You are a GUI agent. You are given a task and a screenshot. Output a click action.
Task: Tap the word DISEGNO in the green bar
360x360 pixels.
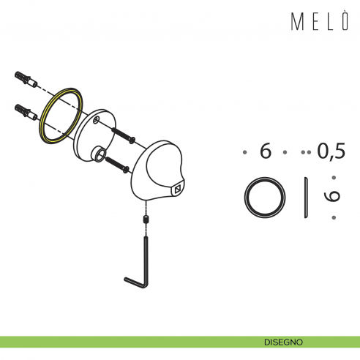(283, 342)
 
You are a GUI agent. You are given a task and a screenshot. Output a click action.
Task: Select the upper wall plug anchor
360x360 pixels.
(24, 78)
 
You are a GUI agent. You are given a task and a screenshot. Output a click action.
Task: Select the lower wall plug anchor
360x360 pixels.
(24, 112)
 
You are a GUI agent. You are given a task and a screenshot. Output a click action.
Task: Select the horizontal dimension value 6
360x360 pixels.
(266, 152)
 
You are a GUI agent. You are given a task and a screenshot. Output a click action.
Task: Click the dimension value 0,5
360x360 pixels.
(331, 152)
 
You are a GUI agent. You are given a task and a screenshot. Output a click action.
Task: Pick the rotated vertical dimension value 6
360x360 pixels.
(333, 197)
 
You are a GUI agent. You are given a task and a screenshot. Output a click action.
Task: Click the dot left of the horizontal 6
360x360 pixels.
(244, 153)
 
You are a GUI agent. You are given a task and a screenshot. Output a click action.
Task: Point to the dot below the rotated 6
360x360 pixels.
(333, 217)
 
